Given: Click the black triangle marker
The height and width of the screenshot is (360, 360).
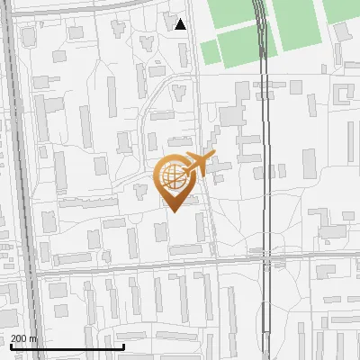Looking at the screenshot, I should coord(181,24).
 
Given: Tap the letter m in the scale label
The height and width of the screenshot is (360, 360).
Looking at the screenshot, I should coord(34,338).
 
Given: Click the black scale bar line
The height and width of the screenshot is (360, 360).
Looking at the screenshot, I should coord(67,346).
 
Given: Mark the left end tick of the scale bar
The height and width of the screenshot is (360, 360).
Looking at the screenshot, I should coord(11,345).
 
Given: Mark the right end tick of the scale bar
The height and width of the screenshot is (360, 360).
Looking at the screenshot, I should coord(123,345).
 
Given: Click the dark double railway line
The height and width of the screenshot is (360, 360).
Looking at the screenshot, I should coord(263,135).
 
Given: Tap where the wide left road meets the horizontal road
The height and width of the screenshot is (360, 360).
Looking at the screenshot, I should coord(33,268).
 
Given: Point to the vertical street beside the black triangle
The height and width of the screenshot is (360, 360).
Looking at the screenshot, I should coord(192,54).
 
